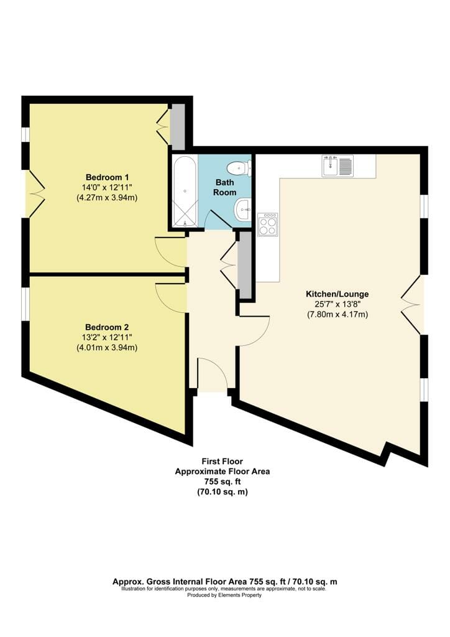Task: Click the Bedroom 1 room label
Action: tap(107, 177)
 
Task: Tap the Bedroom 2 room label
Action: tap(107, 327)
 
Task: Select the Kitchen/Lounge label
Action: tap(337, 294)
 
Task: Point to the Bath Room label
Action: tap(225, 187)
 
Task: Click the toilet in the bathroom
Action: tap(239, 168)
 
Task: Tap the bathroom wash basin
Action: tap(243, 210)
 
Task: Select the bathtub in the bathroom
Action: tap(185, 191)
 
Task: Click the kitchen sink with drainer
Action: tap(337, 165)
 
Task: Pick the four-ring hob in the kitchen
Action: tap(268, 224)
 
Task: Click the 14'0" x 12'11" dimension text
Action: tap(107, 188)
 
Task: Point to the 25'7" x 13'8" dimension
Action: tap(337, 304)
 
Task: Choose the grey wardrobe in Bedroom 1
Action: tap(177, 126)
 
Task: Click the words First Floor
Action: tap(223, 462)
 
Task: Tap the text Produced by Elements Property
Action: tap(224, 595)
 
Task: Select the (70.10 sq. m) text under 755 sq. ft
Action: tap(223, 492)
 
